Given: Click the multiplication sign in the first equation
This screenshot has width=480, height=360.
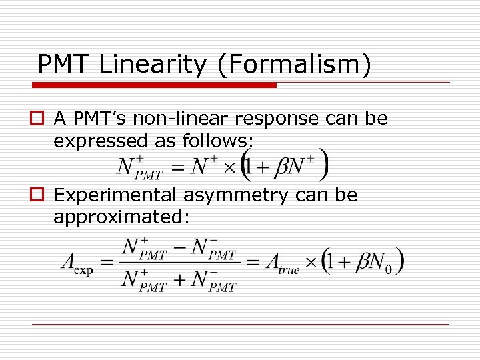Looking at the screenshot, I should coord(229,167).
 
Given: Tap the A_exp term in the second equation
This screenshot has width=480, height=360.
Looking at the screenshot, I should coord(77,264).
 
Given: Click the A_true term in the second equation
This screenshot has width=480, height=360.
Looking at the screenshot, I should coord(281,264).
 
